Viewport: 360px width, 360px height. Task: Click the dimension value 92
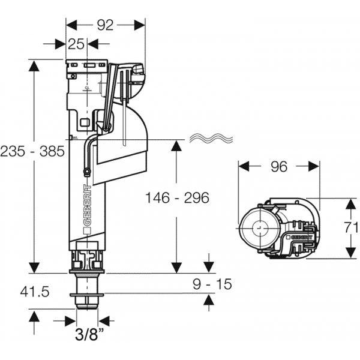tap(106, 25)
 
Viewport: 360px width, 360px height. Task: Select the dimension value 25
tap(76, 44)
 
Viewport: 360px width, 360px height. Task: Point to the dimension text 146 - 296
tap(177, 197)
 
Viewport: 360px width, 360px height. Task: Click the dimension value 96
tap(279, 167)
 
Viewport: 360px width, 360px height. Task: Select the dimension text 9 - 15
tap(211, 283)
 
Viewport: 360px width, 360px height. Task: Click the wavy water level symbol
tap(209, 139)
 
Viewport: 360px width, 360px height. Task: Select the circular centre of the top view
tap(259, 229)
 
